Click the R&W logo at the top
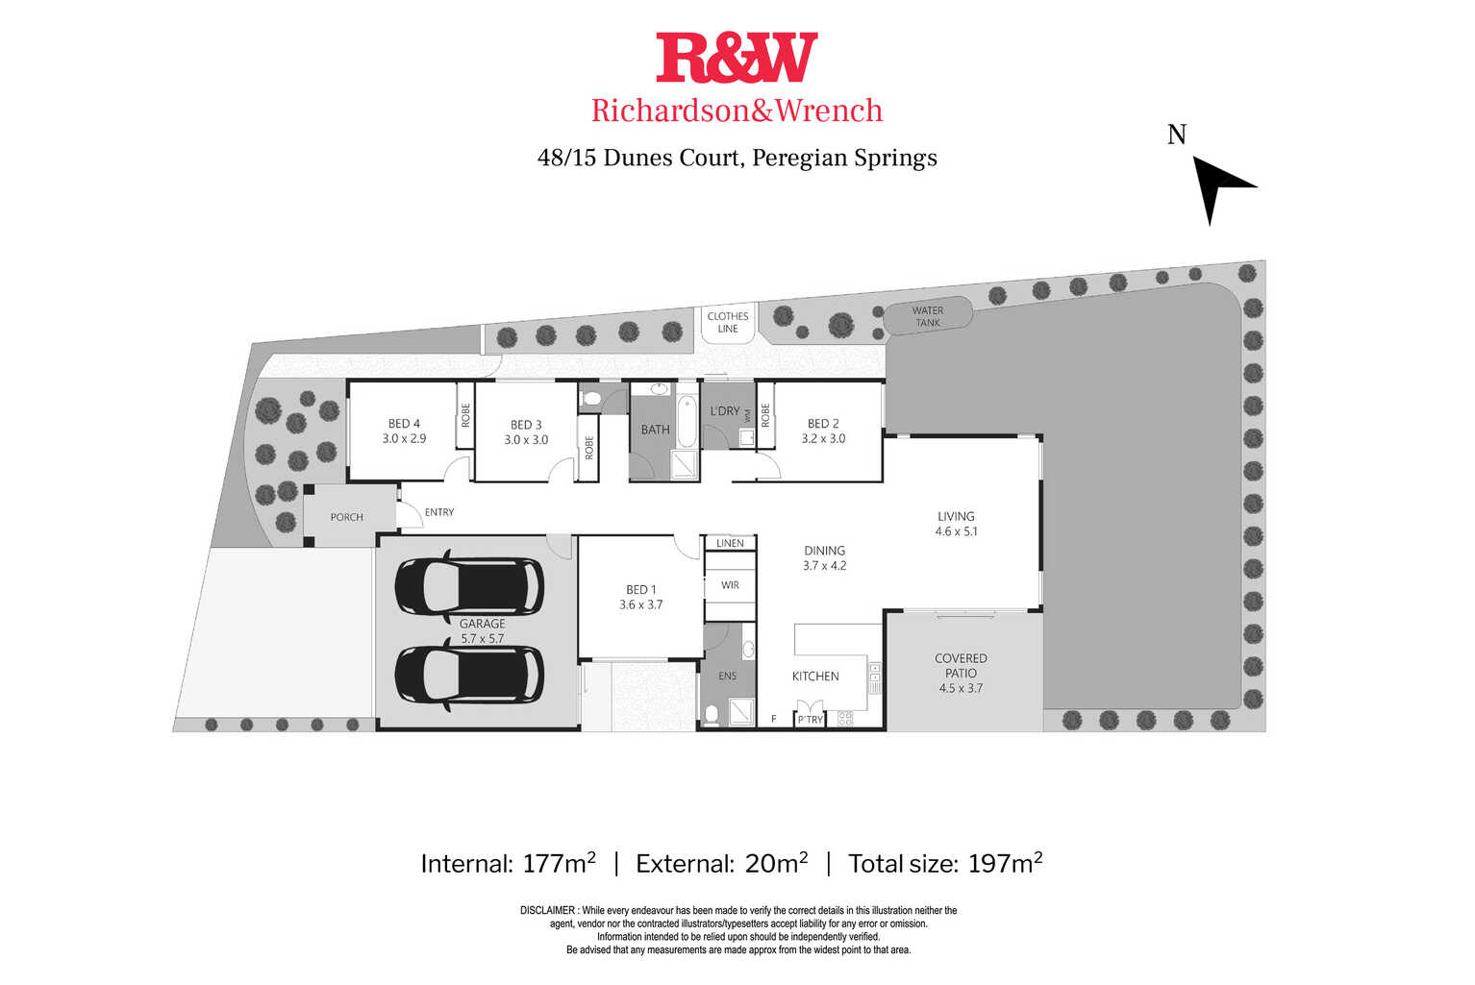coord(737,58)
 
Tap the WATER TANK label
coord(928,316)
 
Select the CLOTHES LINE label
coord(728,323)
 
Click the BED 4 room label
coord(404,431)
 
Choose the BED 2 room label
coord(823,431)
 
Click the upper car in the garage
coord(469,585)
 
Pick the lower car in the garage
coord(469,676)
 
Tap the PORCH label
coord(346,517)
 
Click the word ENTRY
coord(439,512)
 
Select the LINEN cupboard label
coord(730,543)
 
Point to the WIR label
coord(730,585)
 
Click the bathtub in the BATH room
coord(687,421)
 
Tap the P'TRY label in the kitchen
coord(810,720)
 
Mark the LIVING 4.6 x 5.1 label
coord(956,524)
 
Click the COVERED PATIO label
coord(961,673)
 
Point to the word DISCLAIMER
coord(547,911)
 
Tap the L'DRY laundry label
coord(724,411)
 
